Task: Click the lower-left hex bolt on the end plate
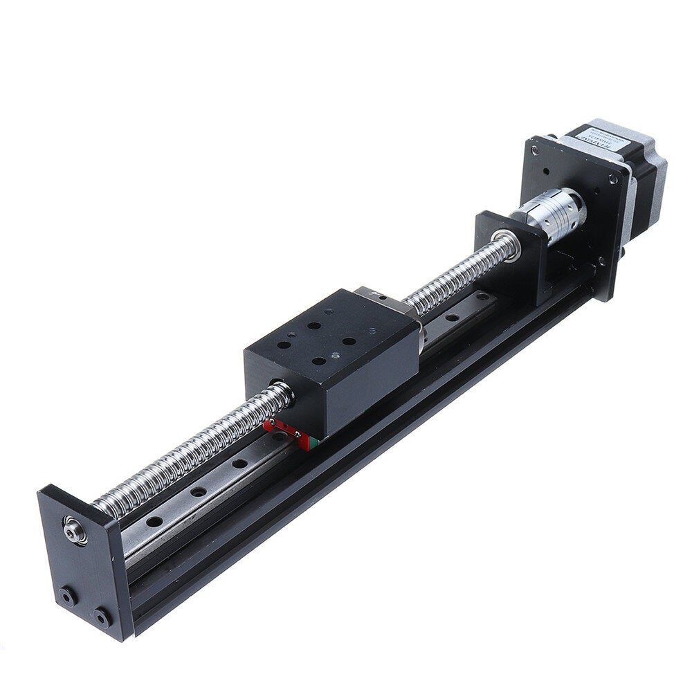68,596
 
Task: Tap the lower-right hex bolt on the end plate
102,617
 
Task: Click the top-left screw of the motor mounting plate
534,149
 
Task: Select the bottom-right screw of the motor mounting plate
601,262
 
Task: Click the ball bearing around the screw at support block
509,246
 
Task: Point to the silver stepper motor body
640,180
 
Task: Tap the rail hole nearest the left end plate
155,520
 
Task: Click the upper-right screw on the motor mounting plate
613,179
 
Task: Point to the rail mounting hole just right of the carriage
450,318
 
